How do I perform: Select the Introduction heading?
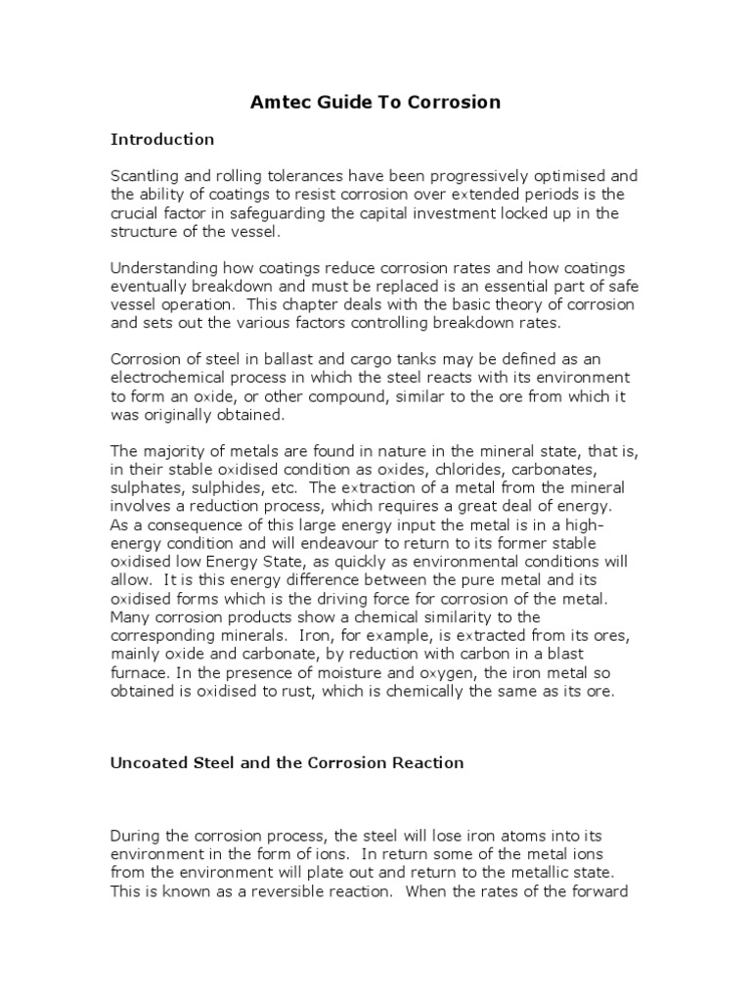161,139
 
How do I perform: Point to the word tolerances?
293,176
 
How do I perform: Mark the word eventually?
153,286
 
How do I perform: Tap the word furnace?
140,674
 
